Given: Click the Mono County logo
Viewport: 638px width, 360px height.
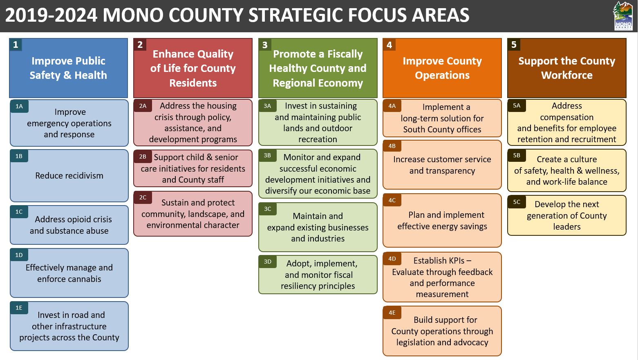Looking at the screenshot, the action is point(623,16).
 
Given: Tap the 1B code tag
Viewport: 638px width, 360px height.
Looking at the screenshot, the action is point(19,156).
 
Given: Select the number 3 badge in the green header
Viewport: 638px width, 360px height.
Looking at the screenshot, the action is point(265,45).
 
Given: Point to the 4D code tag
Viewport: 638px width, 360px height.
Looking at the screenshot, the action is point(392,259).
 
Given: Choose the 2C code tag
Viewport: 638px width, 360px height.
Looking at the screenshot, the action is point(143,197).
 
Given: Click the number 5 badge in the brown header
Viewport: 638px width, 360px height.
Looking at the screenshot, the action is point(514,45).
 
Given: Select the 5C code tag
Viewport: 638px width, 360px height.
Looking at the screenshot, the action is point(517,202).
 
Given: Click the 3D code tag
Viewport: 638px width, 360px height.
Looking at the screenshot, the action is point(267,262).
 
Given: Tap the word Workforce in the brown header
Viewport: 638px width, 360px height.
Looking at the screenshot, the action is point(567,75).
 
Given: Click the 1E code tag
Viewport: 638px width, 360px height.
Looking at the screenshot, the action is point(19,308).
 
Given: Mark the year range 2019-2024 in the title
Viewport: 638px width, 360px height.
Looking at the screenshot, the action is point(51,15).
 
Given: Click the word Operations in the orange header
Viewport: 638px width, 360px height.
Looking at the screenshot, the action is point(442,76).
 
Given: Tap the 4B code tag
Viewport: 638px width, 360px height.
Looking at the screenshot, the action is point(392,146).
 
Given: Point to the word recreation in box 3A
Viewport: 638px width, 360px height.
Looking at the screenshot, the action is point(318,139).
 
